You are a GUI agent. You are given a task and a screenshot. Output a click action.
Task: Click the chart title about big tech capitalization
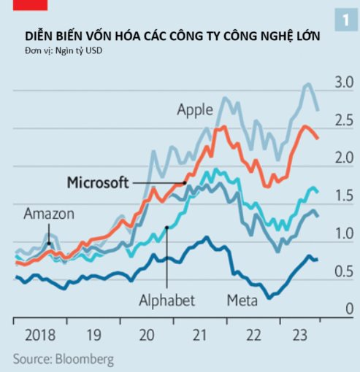click(x=172, y=36)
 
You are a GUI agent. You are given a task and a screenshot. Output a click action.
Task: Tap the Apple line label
click(x=195, y=109)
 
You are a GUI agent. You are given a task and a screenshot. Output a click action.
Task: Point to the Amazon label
click(x=49, y=214)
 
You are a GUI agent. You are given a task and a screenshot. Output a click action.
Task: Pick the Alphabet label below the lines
click(x=166, y=300)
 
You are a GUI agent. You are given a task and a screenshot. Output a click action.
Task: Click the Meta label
click(x=242, y=300)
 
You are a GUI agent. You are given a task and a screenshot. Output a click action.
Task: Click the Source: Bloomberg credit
click(x=63, y=359)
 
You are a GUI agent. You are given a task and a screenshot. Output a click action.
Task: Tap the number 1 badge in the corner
click(x=343, y=20)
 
